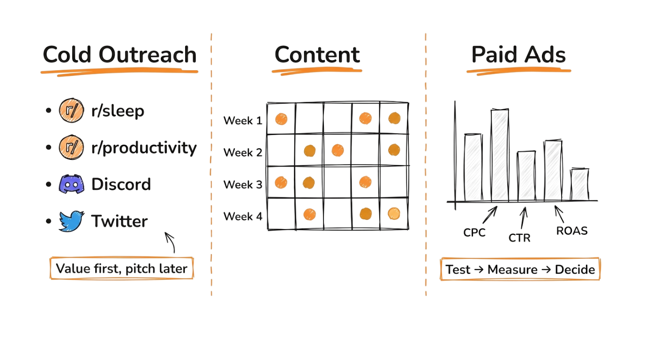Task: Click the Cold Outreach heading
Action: (120, 55)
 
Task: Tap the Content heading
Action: (317, 55)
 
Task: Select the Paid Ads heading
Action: (519, 55)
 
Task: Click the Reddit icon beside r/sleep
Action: (71, 111)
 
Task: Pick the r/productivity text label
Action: (143, 148)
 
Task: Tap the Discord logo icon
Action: (71, 184)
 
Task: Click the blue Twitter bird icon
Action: (71, 221)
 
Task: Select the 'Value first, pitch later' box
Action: (121, 269)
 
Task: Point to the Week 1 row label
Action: (242, 120)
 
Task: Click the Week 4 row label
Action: (242, 216)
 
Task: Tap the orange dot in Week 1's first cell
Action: (281, 119)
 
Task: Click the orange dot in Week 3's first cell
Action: (280, 181)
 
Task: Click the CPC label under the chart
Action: (474, 232)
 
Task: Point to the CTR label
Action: (519, 238)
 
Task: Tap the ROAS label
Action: (572, 231)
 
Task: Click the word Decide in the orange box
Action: (575, 270)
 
